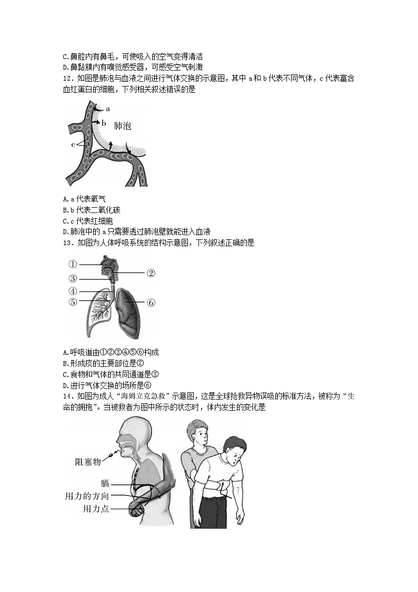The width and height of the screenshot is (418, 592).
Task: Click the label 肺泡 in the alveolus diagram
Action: point(122,126)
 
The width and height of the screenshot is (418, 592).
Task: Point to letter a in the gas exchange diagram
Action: point(108,109)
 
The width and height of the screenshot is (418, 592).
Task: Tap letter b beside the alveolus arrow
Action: point(104,123)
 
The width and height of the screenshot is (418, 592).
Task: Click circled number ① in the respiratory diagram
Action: point(73,264)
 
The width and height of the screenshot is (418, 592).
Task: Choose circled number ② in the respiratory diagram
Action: point(151,273)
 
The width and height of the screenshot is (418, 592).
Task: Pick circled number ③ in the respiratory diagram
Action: point(73,278)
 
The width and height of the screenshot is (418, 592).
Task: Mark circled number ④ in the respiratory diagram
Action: point(73,290)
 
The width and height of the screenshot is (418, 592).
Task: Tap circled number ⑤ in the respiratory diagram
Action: point(73,302)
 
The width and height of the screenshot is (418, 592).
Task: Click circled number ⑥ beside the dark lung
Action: point(151,303)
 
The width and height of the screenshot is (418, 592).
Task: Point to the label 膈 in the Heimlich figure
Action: point(105,483)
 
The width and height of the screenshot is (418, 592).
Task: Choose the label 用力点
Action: point(96,509)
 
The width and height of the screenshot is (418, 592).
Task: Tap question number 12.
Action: point(66,79)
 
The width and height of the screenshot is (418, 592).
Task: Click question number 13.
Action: point(66,243)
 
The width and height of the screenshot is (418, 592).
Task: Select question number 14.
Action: point(66,396)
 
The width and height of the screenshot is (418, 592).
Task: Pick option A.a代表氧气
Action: point(84,199)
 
